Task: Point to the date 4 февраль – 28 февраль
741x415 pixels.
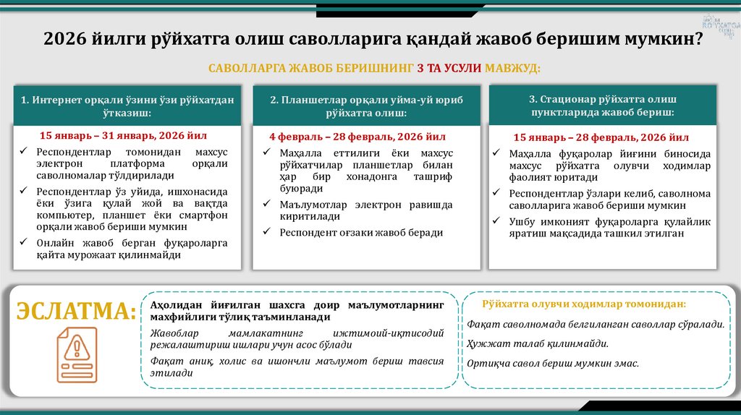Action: click(x=357, y=136)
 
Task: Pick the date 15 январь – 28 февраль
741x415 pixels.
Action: click(x=601, y=137)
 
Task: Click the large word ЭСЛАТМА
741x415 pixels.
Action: click(x=77, y=312)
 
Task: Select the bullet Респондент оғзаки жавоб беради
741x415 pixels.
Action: click(x=361, y=232)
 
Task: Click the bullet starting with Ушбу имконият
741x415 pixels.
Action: click(x=609, y=227)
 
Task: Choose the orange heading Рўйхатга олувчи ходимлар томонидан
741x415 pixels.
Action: click(x=584, y=304)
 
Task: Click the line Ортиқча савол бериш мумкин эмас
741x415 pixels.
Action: click(x=553, y=364)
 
